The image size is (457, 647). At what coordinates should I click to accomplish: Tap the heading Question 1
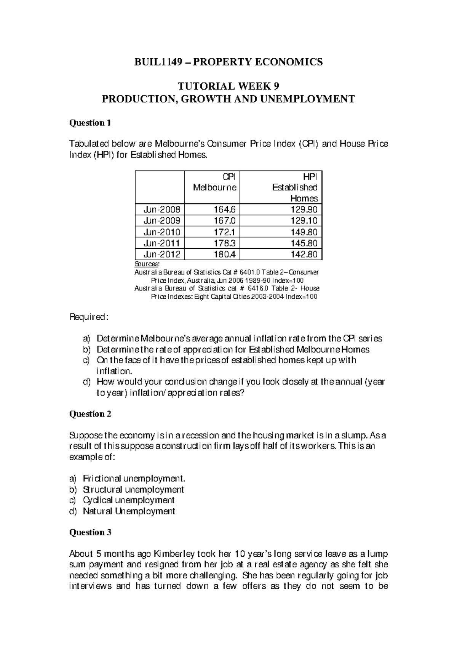pos(90,123)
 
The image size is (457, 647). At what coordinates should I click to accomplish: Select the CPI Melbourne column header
pos(214,182)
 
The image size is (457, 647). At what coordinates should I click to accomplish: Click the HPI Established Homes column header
pos(294,187)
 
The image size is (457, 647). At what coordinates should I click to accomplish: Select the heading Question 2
pos(90,414)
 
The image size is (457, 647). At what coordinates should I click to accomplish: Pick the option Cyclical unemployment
pos(129,500)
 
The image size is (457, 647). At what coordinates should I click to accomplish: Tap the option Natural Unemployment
pos(129,511)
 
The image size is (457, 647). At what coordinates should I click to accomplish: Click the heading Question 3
pos(90,532)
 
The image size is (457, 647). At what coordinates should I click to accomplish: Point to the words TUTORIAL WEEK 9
pos(228,86)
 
